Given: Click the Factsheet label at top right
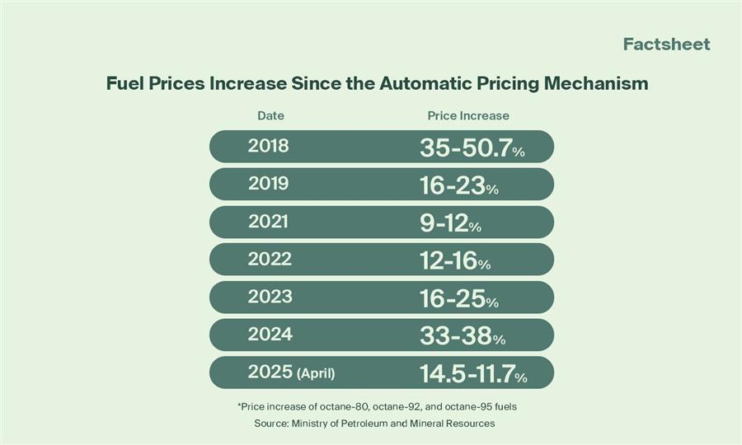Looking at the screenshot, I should pos(666,44).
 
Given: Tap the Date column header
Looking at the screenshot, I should pos(270,115).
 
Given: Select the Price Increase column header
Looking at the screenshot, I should pos(468,115).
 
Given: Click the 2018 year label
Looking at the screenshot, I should pos(269,146).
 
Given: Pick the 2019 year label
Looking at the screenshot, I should pos(269,184).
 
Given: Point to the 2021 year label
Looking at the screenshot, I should pos(269,222).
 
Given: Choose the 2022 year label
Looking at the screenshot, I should pos(270,259).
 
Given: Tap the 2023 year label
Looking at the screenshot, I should pos(270,297).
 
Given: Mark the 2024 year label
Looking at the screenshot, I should pos(270,335).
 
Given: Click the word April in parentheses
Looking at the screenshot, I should pos(316,373).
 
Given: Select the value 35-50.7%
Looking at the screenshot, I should pos(472,148).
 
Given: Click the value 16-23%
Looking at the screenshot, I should pos(458,185).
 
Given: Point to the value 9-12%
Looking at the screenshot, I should pos(450,222).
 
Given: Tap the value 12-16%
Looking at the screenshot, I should pos(454,260).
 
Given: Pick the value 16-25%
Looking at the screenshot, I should pos(458,298).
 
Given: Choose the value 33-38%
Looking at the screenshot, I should pos(462,336).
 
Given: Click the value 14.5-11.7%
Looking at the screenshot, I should pos(473,374).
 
